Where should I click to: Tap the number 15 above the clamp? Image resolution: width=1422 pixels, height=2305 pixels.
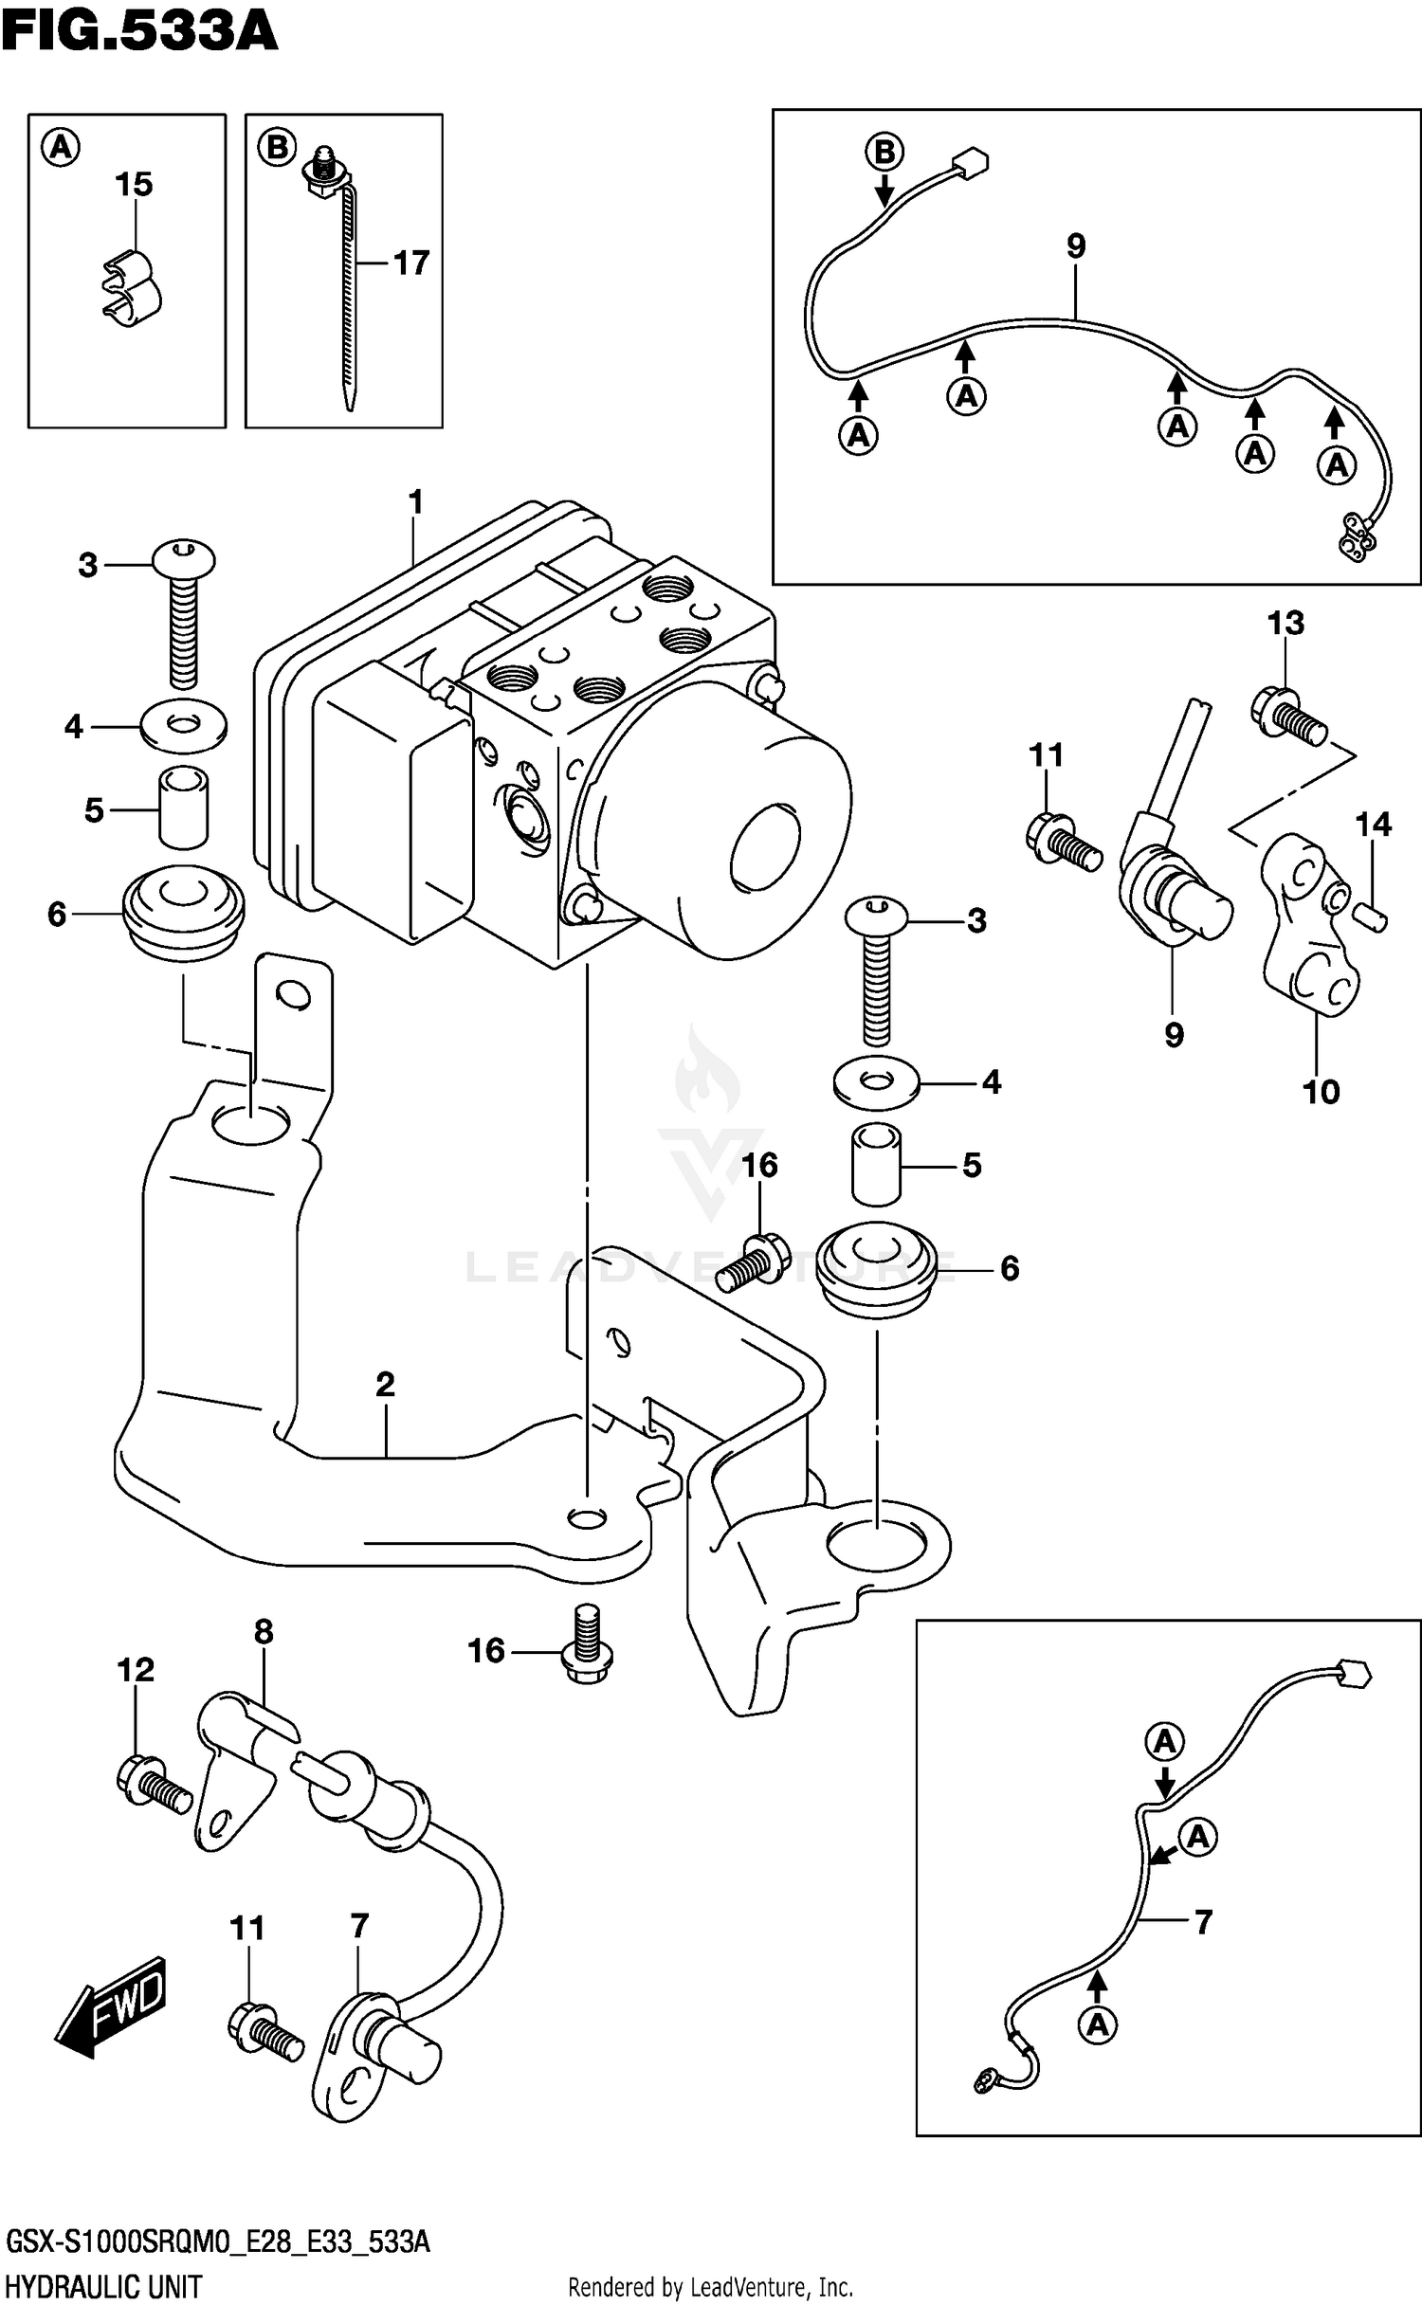coord(134,185)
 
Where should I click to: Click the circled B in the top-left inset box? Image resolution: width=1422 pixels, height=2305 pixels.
coord(277,148)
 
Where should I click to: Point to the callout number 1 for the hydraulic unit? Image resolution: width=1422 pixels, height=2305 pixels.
coord(415,501)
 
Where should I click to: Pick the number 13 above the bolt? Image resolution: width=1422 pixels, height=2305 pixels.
coord(1285,623)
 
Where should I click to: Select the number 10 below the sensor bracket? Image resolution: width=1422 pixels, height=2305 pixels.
coord(1321,1092)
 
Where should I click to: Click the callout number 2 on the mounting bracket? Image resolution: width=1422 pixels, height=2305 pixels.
coord(384,1385)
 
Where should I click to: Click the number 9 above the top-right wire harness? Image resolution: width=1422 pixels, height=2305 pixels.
coord(1075,246)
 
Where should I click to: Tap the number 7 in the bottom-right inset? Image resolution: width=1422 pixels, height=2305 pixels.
coord(1203,1923)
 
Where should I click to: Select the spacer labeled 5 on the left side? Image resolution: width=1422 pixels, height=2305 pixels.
coord(183,809)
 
